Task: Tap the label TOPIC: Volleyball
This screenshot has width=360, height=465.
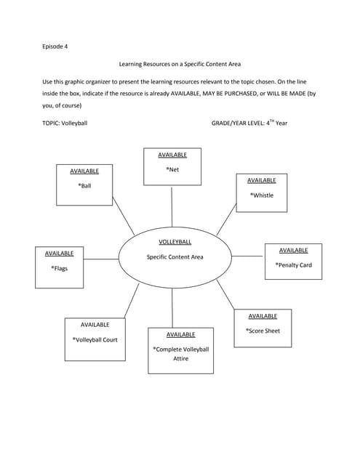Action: [65, 124]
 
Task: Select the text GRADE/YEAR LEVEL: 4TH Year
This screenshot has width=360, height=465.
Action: [249, 123]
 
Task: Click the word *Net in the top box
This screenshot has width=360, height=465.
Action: [172, 170]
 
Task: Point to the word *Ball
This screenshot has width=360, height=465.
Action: [84, 186]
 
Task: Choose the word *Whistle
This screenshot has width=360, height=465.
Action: [262, 195]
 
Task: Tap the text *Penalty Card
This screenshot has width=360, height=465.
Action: [293, 265]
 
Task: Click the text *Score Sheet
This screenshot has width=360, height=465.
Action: [263, 331]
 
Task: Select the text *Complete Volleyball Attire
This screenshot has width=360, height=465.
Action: [180, 354]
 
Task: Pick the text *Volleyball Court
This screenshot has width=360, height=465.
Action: [95, 339]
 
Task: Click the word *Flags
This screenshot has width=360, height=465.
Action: [59, 269]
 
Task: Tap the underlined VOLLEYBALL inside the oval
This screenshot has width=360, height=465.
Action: [175, 242]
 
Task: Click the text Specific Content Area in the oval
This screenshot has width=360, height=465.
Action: [175, 257]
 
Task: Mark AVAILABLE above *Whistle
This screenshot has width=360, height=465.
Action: [262, 180]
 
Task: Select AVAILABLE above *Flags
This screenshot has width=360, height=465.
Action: [59, 254]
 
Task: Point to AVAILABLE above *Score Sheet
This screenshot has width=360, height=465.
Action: [263, 316]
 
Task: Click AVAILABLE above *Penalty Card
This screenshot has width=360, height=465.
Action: [293, 250]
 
